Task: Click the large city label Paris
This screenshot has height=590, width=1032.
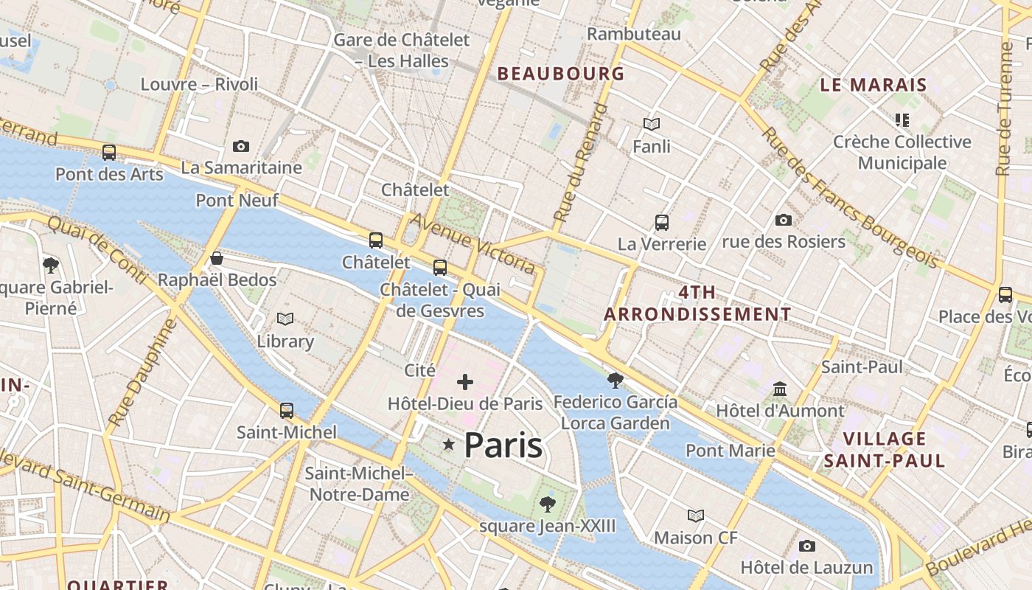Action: coord(503,445)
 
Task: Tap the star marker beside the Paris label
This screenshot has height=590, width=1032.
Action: coord(448,444)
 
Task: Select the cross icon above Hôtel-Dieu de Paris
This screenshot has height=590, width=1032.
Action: coord(465,382)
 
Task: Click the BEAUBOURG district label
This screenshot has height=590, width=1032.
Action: coord(561,74)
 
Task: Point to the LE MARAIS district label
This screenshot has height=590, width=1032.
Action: coord(874,85)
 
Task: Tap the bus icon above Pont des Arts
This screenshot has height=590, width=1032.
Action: coord(109,153)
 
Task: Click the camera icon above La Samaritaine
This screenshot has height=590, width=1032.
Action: coord(241,146)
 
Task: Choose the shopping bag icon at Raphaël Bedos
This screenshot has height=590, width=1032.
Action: coord(217,258)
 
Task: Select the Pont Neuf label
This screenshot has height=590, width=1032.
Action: coord(237,200)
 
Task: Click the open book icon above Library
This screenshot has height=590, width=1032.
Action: coord(285,319)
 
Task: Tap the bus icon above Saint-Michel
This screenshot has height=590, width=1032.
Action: coord(287,411)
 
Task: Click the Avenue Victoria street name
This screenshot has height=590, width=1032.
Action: coord(473,243)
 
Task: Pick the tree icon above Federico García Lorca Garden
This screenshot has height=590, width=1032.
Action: coord(615,381)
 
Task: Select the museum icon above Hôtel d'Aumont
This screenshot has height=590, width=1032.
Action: coord(780,389)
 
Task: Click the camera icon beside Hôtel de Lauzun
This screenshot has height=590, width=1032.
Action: coord(807,546)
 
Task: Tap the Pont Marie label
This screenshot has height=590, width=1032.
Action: coord(731,450)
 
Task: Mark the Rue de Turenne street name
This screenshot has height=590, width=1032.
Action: coord(1004,108)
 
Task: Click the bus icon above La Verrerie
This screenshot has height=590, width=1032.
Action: coord(662,222)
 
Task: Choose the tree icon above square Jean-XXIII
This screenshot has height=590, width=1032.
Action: coord(547,504)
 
